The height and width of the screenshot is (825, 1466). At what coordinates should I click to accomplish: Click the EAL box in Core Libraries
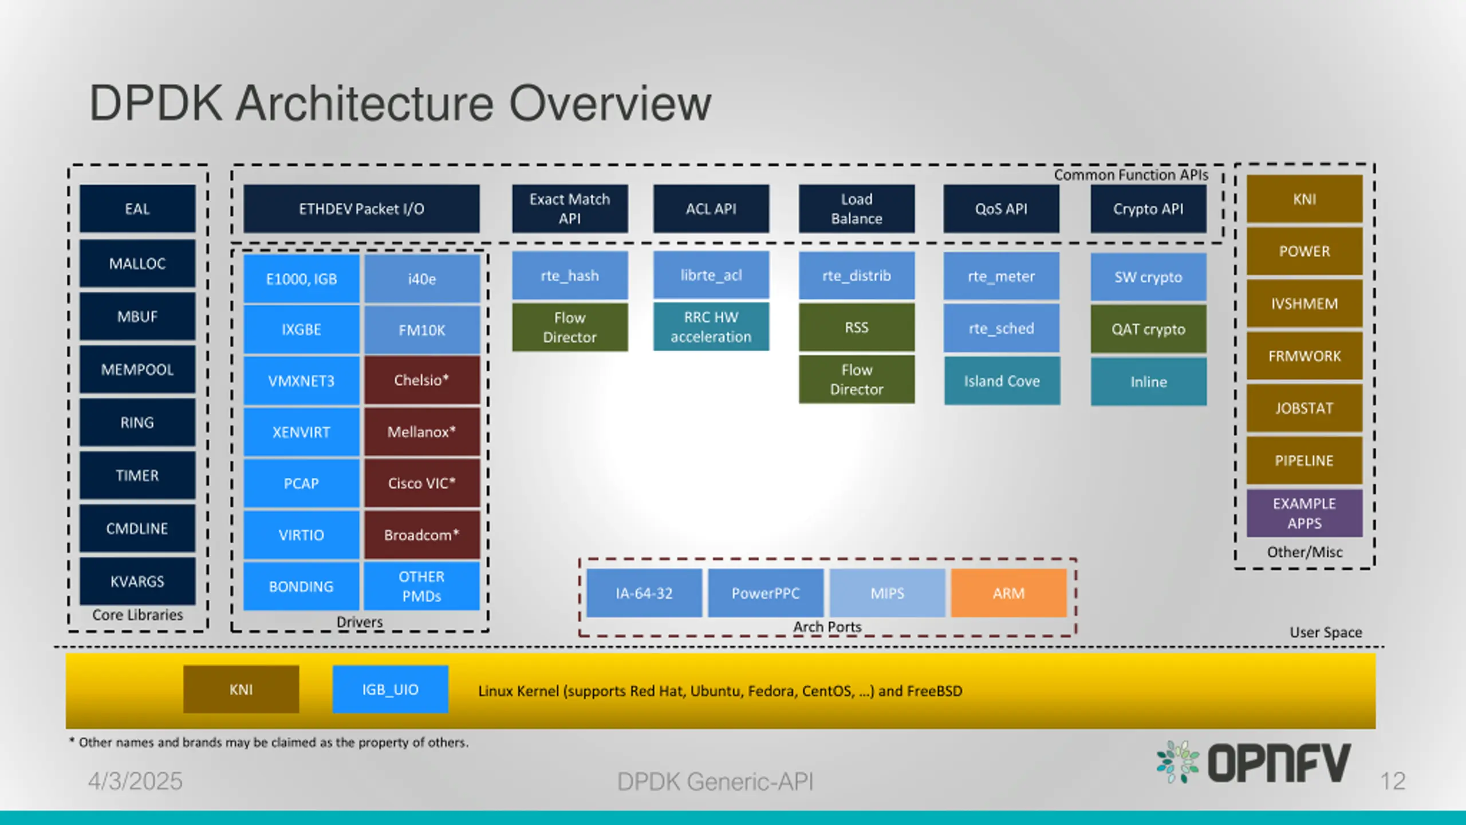pyautogui.click(x=137, y=209)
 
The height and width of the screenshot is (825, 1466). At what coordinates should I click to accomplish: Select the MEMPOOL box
pyautogui.click(x=137, y=370)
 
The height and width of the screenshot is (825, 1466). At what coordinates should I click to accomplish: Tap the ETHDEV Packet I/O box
pyautogui.click(x=361, y=209)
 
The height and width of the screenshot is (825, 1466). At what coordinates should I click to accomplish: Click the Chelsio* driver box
pyautogui.click(x=422, y=380)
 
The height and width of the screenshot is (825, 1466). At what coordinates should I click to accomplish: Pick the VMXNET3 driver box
pyautogui.click(x=301, y=380)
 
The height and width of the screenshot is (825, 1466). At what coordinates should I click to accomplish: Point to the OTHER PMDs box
pyautogui.click(x=422, y=586)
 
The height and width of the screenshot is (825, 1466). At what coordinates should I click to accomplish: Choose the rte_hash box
pyautogui.click(x=570, y=276)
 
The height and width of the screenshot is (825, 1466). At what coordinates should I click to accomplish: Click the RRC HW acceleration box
pyautogui.click(x=711, y=327)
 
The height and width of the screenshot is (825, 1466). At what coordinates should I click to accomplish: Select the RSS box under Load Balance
pyautogui.click(x=857, y=327)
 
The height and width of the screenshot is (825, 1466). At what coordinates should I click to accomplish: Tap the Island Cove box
pyautogui.click(x=1002, y=381)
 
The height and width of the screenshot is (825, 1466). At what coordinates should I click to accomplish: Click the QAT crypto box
pyautogui.click(x=1149, y=329)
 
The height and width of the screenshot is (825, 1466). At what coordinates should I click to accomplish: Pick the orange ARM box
pyautogui.click(x=1009, y=593)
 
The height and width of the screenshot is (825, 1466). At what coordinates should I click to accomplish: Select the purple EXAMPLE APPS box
pyautogui.click(x=1305, y=513)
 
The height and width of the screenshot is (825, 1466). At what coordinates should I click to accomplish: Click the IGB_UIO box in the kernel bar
pyautogui.click(x=391, y=689)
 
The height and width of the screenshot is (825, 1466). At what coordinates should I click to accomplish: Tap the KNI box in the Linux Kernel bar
pyautogui.click(x=241, y=689)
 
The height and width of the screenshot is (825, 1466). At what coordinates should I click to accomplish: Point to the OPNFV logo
pyautogui.click(x=1254, y=763)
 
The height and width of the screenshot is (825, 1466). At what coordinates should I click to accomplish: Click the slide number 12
pyautogui.click(x=1393, y=781)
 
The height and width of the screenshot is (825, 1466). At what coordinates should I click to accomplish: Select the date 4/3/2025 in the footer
pyautogui.click(x=135, y=781)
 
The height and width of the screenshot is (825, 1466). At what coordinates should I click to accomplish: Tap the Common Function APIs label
pyautogui.click(x=1131, y=175)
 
